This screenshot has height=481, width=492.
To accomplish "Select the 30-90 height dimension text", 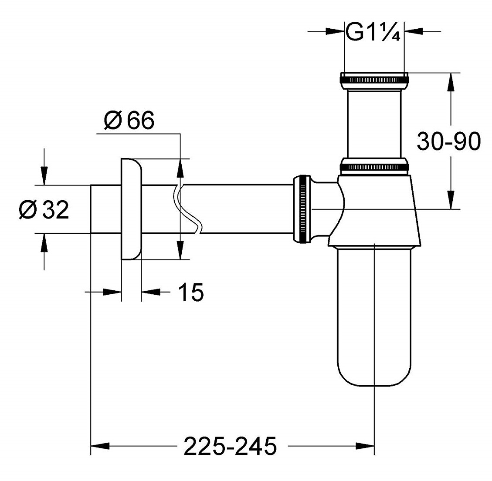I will [448, 141].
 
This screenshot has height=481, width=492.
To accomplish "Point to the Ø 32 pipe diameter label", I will [44, 210].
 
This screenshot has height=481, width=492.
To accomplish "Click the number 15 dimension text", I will [191, 292].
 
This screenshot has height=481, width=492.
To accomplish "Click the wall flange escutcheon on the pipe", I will [130, 209].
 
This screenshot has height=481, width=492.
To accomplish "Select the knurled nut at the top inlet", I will [374, 80].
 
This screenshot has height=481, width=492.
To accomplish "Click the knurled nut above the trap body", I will [374, 166].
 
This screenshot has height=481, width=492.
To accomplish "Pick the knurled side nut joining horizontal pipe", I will [302, 209].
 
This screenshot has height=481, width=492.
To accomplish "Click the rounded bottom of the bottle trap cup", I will [375, 374].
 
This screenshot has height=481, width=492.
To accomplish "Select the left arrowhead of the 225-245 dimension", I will [98, 445].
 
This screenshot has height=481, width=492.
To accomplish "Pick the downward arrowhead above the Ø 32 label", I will [43, 177].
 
